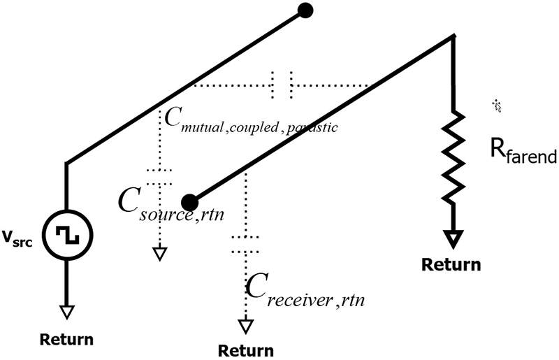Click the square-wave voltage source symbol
pyautogui.click(x=67, y=235)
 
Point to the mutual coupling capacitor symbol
pyautogui.click(x=282, y=85)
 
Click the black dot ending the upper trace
pyautogui.click(x=305, y=10)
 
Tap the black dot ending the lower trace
pyautogui.click(x=189, y=203)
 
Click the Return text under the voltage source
pyautogui.click(x=66, y=340)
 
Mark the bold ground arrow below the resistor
pyautogui.click(x=454, y=240)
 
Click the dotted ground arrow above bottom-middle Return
pyautogui.click(x=245, y=326)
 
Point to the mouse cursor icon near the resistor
pyautogui.click(x=498, y=106)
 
